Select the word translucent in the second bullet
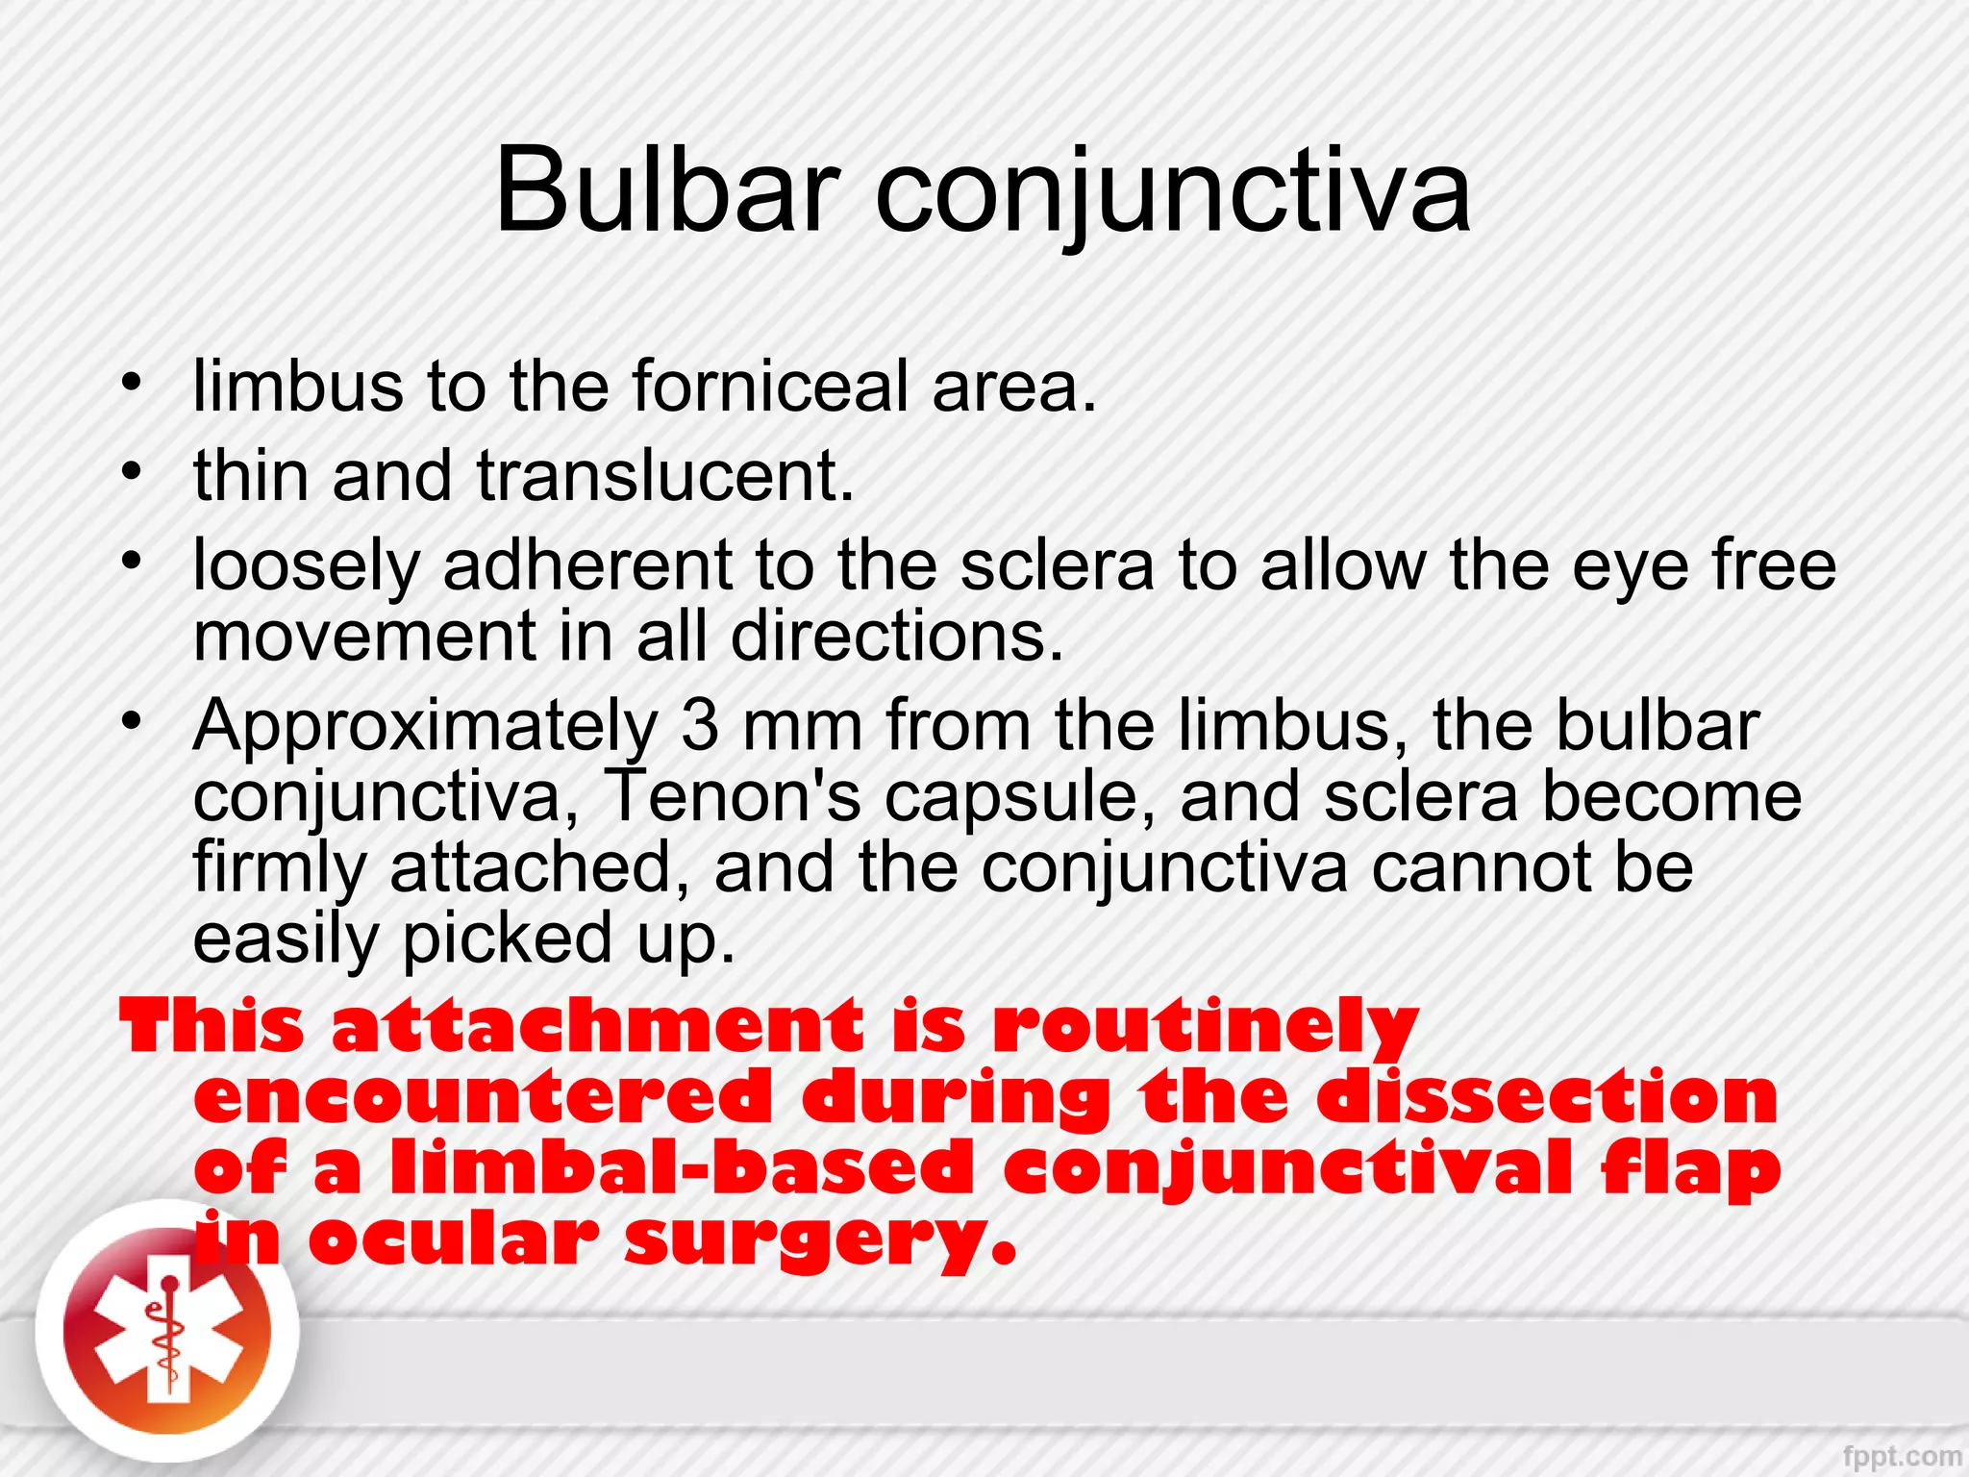click(x=665, y=476)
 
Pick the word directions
click(x=897, y=637)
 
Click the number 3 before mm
click(x=700, y=725)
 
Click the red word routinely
click(x=1206, y=1027)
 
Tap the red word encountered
click(x=484, y=1097)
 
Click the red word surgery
click(x=819, y=1241)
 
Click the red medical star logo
click(x=167, y=1333)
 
